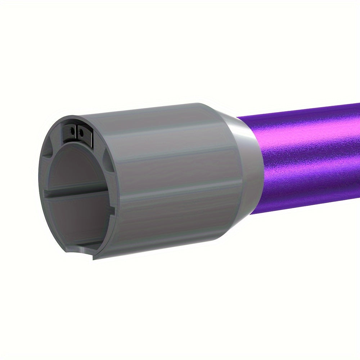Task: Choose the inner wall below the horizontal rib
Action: pyautogui.click(x=79, y=216)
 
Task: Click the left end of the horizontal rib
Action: pyautogui.click(x=47, y=194)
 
